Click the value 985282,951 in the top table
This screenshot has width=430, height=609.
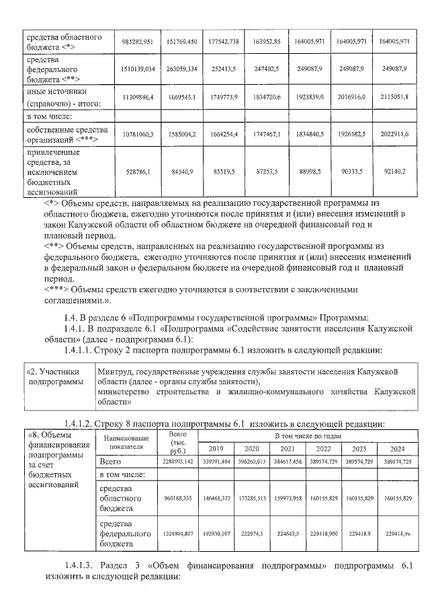[138, 41]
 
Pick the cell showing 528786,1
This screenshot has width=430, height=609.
[138, 172]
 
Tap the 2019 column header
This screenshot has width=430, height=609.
[215, 448]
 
